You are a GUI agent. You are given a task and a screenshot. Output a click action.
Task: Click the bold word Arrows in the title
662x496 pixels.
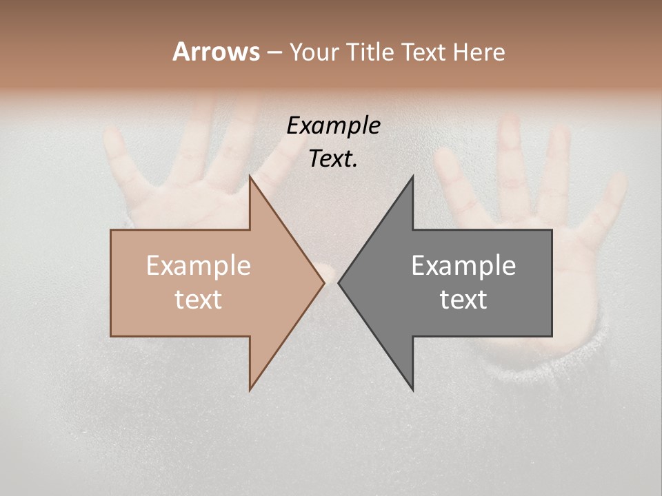[216, 52]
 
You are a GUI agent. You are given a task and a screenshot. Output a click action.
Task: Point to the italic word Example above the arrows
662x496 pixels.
[333, 126]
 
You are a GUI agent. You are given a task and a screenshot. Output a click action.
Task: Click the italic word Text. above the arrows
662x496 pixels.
[333, 159]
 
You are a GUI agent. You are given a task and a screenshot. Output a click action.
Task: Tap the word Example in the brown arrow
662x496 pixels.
[199, 265]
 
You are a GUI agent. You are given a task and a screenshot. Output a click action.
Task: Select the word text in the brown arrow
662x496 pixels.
[199, 300]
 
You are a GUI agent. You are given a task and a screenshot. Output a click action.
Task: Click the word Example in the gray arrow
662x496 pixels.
[463, 265]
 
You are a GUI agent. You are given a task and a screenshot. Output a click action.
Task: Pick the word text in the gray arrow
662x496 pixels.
[463, 300]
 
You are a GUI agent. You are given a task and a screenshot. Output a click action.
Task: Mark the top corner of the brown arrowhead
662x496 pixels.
[250, 176]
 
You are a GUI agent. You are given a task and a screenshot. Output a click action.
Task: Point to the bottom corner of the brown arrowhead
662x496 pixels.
[250, 389]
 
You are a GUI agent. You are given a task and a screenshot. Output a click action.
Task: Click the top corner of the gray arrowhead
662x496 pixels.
[412, 176]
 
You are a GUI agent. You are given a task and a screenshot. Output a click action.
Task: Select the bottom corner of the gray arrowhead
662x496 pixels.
[412, 389]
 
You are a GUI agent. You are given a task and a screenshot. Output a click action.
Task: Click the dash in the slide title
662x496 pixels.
[274, 52]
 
